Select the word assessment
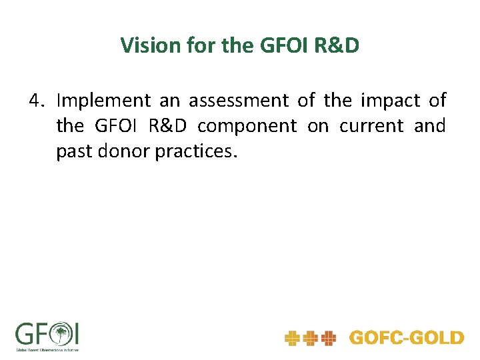click(238, 101)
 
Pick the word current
click(371, 126)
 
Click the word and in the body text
click(429, 126)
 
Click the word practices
click(195, 151)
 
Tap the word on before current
click(317, 126)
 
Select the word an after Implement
click(169, 101)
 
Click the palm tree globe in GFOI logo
click(61, 333)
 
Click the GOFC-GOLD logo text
click(406, 338)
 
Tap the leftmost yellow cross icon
click(292, 339)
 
